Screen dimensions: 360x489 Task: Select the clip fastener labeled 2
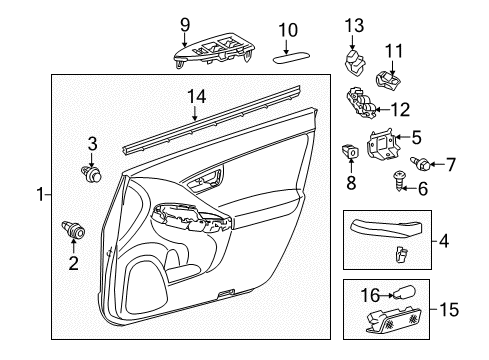pyautogui.click(x=72, y=231)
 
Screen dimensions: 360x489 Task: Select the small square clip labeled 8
pyautogui.click(x=351, y=153)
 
